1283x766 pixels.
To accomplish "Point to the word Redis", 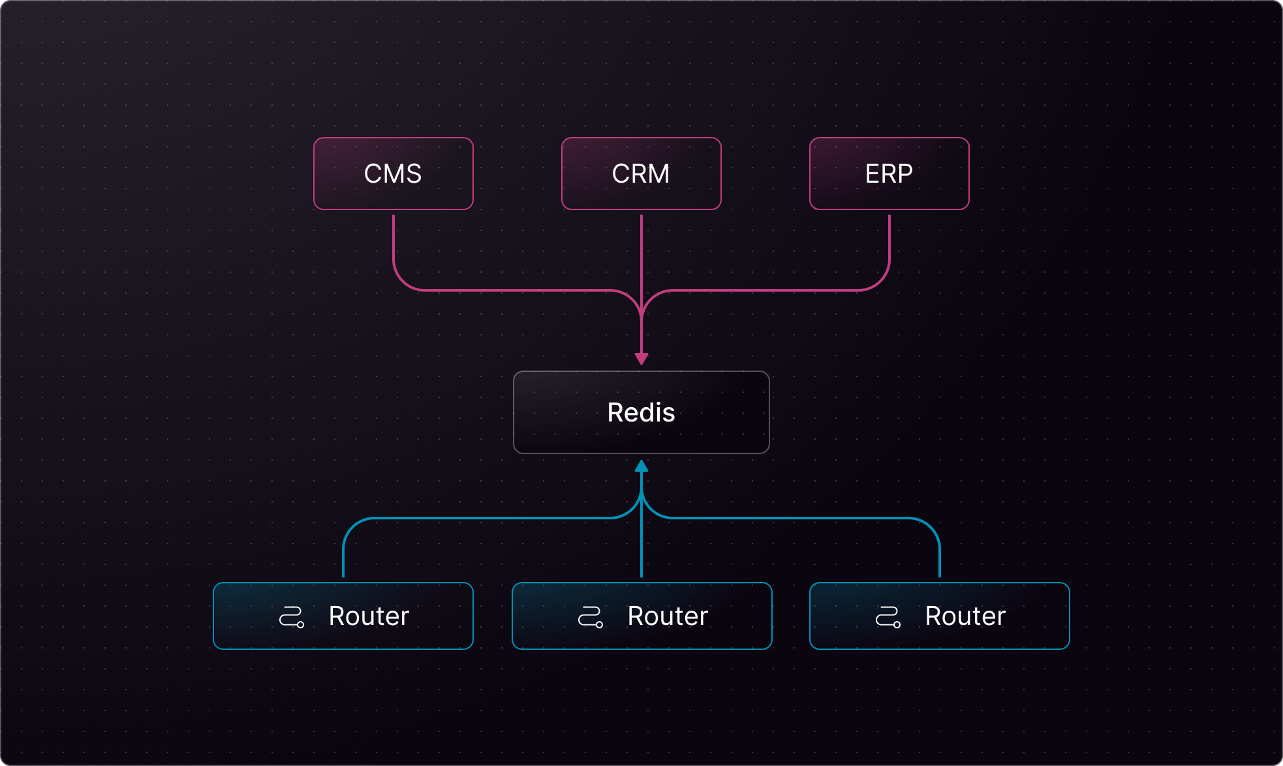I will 641,412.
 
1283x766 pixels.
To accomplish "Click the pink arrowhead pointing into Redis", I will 641,359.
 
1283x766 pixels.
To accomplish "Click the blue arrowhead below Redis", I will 641,466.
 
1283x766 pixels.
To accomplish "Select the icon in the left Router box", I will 292,617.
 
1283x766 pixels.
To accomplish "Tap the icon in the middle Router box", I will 591,617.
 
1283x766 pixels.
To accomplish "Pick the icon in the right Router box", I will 888,617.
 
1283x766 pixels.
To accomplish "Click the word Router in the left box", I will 369,616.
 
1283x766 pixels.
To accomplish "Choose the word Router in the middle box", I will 668,616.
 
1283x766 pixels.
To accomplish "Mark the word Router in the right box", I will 965,616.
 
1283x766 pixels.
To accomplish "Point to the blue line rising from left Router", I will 343,555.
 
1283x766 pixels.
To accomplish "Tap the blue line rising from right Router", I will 940,555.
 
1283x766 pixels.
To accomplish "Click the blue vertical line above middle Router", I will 641,548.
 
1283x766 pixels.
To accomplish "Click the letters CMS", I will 393,174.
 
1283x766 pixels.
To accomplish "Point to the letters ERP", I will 889,174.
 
